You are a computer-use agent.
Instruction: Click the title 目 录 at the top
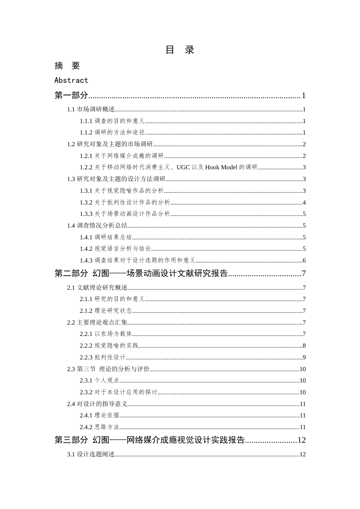click(180, 50)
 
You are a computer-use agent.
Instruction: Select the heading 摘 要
click(67, 66)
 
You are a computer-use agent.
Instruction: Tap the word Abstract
click(71, 80)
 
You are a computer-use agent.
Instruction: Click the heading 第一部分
click(71, 95)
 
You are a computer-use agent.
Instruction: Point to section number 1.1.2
click(86, 133)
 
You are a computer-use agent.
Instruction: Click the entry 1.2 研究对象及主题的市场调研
click(110, 144)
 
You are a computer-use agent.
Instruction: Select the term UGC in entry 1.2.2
click(183, 167)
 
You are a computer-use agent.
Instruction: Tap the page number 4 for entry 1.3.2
click(304, 203)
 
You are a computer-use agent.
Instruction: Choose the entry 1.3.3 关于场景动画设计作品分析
click(125, 214)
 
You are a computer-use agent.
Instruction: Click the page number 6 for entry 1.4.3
click(304, 261)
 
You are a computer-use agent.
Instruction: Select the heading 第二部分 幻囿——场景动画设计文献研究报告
click(141, 273)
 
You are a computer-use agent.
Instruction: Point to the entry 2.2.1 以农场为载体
click(106, 334)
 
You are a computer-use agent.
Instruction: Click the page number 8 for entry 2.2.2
click(304, 346)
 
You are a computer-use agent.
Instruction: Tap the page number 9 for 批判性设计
click(304, 358)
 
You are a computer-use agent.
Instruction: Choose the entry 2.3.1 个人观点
click(99, 381)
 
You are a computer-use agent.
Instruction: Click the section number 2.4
click(71, 404)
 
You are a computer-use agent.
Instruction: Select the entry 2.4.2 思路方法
click(99, 427)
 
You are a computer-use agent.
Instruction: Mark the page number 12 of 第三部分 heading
click(302, 440)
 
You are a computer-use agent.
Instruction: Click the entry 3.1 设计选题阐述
click(91, 454)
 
